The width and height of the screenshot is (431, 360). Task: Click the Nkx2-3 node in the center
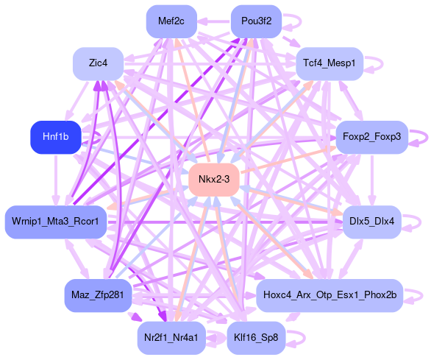214,180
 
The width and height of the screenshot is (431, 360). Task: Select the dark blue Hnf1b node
55,137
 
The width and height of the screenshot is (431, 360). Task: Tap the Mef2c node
171,21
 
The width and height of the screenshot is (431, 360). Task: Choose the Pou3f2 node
256,21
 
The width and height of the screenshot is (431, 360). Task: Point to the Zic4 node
98,63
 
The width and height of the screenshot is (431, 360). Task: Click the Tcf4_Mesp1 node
330,63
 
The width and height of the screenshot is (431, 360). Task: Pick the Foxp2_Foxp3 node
372,137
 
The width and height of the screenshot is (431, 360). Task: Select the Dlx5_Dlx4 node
372,222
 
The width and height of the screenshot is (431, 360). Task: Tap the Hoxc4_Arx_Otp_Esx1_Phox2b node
330,295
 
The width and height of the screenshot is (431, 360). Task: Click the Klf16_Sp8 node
256,338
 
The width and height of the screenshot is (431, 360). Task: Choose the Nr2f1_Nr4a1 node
171,338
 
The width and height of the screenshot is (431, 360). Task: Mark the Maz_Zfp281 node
98,295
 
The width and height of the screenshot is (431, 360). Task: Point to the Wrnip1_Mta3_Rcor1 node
55,222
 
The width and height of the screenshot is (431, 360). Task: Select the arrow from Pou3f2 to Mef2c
214,21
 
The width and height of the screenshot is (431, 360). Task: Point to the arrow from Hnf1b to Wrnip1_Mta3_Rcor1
56,180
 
